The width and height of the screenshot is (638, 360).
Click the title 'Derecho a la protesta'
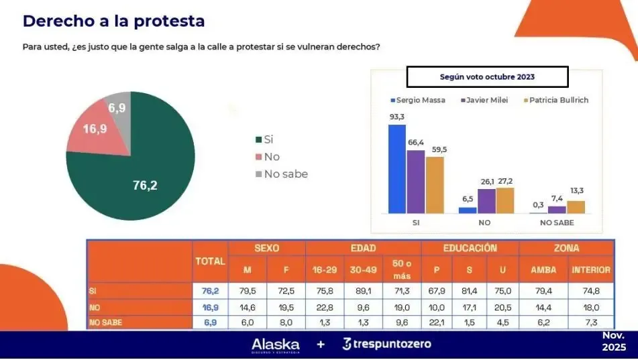[113, 21]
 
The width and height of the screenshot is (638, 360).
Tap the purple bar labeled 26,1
[486, 200]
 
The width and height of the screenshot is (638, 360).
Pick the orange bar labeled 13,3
[576, 206]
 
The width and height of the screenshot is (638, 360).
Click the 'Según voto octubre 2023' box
[487, 76]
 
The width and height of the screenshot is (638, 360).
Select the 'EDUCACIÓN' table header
[470, 248]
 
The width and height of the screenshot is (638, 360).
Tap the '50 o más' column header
[401, 269]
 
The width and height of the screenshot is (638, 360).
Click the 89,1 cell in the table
[363, 291]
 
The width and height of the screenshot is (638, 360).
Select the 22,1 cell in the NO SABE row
[441, 322]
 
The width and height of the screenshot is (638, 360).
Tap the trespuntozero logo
[387, 345]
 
